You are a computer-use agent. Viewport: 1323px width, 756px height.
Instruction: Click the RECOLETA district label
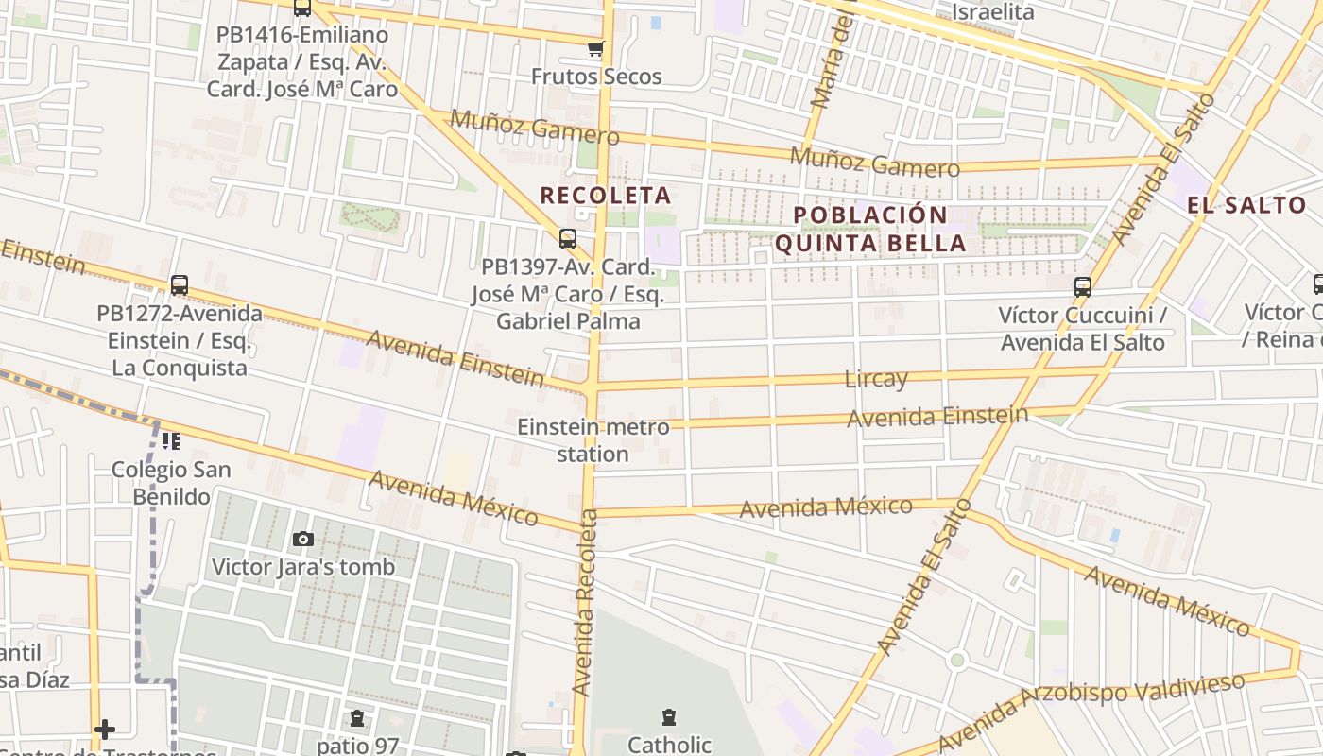[x=605, y=196]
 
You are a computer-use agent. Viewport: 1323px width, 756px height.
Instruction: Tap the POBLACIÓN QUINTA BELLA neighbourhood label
[x=869, y=229]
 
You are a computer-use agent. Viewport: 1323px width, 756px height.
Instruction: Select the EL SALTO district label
[x=1246, y=205]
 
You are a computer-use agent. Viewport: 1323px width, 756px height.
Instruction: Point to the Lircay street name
[x=876, y=379]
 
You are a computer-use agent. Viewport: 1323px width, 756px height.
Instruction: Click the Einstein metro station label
[x=593, y=440]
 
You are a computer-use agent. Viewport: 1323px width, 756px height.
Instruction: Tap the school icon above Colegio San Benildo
[x=171, y=440]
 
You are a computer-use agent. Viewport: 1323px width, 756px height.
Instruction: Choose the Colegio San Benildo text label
[x=171, y=482]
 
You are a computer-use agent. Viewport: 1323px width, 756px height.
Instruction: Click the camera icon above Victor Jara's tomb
[x=302, y=539]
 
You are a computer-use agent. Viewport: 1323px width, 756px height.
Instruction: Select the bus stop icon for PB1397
[x=567, y=239]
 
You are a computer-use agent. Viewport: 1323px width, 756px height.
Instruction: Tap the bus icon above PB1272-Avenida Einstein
[x=179, y=284]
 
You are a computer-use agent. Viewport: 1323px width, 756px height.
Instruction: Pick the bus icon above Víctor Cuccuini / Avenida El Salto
[x=1083, y=287]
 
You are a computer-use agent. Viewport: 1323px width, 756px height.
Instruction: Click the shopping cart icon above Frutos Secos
[x=595, y=49]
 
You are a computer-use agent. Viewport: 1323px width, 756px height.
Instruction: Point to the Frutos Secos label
[x=595, y=77]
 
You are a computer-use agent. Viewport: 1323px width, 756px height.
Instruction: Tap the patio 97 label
[x=357, y=745]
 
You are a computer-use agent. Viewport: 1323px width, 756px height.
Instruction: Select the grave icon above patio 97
[x=357, y=718]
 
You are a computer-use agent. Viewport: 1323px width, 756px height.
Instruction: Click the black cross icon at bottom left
[x=105, y=729]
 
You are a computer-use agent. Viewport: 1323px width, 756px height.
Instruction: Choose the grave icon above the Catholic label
[x=669, y=717]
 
